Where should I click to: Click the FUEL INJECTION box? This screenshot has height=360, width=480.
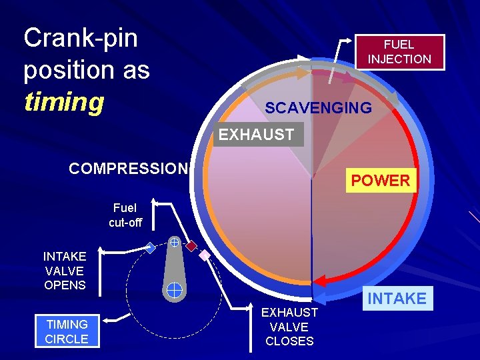point(399,52)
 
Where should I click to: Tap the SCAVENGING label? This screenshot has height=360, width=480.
point(318,107)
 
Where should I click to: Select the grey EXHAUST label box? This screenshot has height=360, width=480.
point(256,134)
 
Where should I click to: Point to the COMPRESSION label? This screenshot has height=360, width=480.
point(129,169)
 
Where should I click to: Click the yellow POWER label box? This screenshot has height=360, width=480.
point(381,180)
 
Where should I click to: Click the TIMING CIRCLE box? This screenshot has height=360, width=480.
point(67,331)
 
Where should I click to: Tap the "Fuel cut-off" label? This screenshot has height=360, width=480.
point(125,215)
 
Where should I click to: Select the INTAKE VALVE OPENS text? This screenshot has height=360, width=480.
point(65,271)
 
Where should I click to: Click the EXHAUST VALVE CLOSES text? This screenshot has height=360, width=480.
point(289,327)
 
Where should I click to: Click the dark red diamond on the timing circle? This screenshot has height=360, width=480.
point(191,245)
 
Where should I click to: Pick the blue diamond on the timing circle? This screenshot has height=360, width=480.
point(151,248)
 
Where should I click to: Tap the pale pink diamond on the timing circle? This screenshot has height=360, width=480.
point(205,255)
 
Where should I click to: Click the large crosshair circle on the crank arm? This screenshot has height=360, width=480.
point(174,289)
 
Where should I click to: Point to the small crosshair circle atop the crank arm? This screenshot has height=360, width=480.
point(173,242)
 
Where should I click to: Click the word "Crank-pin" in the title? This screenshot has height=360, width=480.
point(81,39)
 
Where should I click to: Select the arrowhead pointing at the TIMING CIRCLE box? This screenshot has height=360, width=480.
point(111,321)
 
